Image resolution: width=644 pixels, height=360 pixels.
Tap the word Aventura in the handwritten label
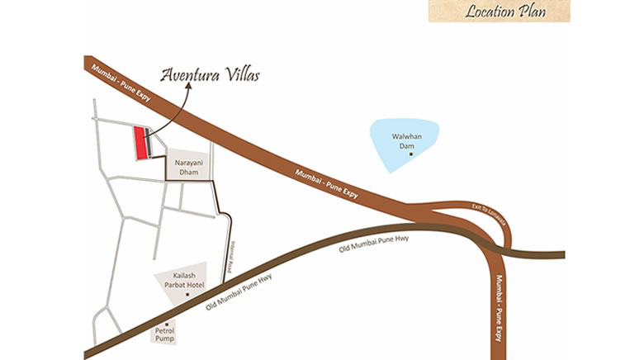click(189, 75)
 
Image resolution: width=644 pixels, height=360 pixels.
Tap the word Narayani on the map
click(187, 163)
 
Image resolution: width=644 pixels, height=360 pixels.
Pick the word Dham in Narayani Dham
click(187, 173)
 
